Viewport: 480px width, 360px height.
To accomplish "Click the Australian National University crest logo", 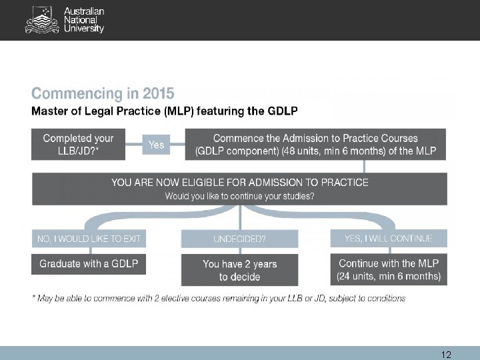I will (41, 20).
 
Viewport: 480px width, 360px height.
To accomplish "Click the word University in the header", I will (84, 29).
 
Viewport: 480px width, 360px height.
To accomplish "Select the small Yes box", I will (156, 145).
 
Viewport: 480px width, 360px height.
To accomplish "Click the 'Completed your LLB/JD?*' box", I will (78, 145).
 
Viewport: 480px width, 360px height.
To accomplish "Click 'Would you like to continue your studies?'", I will (240, 196).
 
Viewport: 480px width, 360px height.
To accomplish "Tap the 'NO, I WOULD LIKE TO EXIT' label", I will (89, 239).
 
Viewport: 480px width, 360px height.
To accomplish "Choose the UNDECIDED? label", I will (239, 239).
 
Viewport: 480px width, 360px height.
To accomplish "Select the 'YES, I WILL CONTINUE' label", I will (389, 238).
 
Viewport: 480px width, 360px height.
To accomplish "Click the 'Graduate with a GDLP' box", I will (89, 264).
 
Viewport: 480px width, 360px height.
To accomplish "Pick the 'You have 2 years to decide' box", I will (239, 270).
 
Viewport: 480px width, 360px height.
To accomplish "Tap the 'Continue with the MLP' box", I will (389, 264).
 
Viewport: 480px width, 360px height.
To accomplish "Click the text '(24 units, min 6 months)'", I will (389, 276).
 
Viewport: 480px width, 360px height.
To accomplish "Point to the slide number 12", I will (447, 354).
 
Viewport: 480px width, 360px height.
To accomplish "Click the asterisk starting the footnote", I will (34, 297).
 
